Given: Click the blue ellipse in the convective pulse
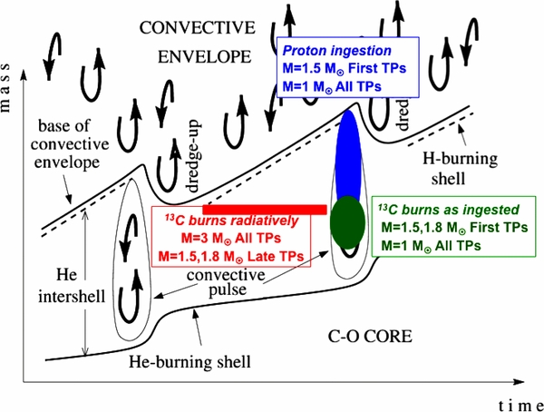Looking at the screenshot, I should coord(350,159).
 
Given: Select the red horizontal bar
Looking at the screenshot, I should coord(264,210).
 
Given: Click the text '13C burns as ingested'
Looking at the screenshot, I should coord(436,210).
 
